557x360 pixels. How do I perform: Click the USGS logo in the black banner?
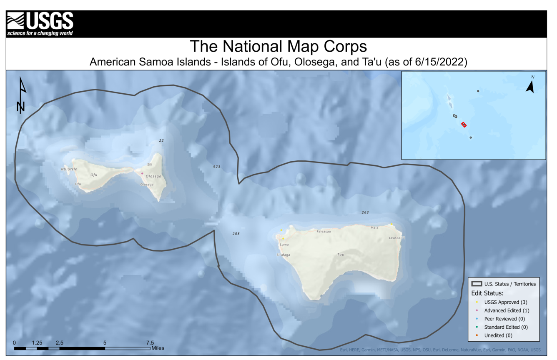point(40,24)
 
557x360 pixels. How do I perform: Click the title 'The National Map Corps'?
point(278,46)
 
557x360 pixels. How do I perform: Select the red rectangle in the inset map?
point(464,125)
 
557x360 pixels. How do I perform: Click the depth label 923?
point(216,167)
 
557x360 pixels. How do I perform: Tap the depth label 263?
point(365,212)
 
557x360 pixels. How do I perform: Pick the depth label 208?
point(236,234)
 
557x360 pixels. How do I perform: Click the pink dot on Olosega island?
point(142,174)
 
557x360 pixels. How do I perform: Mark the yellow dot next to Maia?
point(391,225)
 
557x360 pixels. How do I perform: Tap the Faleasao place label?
point(324,231)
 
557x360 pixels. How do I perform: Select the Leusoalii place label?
point(397,238)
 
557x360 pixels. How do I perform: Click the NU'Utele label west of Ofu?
point(69,169)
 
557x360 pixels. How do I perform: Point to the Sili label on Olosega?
point(150,165)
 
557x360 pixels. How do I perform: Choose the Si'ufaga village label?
point(283,255)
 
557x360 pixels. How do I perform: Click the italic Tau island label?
point(341,255)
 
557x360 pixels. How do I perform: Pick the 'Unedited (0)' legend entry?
point(498,335)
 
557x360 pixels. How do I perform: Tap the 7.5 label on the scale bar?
point(149,343)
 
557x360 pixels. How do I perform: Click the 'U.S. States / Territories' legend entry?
point(509,284)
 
